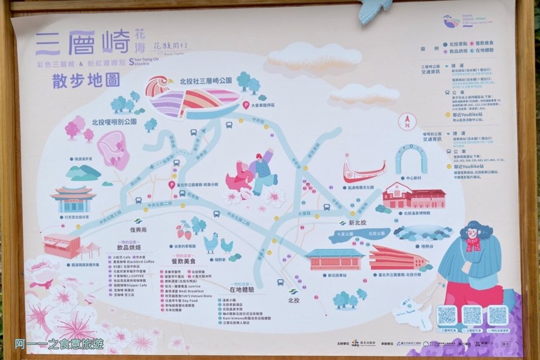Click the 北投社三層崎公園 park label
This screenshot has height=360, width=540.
tap(206, 80)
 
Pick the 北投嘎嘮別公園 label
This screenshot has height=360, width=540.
tap(114, 122)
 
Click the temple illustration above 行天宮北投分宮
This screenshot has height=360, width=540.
tap(73, 198)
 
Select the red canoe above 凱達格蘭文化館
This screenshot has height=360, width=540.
tap(364, 172)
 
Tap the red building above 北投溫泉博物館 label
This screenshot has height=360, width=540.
tap(414, 195)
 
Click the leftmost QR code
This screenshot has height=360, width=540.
tap(447, 315)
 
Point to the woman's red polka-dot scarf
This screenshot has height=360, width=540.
tap(473, 244)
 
